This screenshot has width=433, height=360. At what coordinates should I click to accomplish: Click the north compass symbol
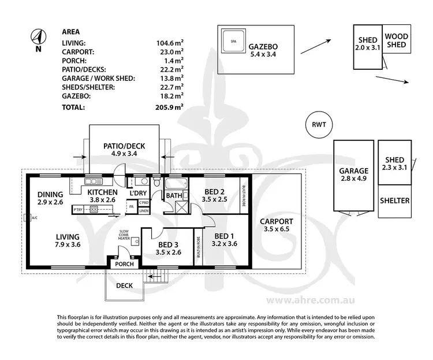[x=38, y=38]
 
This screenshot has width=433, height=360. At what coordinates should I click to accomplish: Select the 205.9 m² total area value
[x=170, y=107]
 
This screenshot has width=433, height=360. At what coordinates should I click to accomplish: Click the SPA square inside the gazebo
[x=234, y=42]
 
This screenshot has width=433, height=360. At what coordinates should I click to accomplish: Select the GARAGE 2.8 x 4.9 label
[x=354, y=175]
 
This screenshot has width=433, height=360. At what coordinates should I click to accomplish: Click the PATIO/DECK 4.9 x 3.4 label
[x=124, y=150]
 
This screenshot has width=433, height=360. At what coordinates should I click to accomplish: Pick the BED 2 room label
[x=215, y=195]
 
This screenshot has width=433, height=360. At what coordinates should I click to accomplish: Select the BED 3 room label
[x=169, y=248]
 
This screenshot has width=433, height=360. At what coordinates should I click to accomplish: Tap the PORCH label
[x=125, y=264]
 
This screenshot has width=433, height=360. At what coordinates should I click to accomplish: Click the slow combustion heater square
[x=134, y=242]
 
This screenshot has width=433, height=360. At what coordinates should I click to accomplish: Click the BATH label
[x=174, y=196]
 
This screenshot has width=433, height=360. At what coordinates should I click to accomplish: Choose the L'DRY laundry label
[x=138, y=192]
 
